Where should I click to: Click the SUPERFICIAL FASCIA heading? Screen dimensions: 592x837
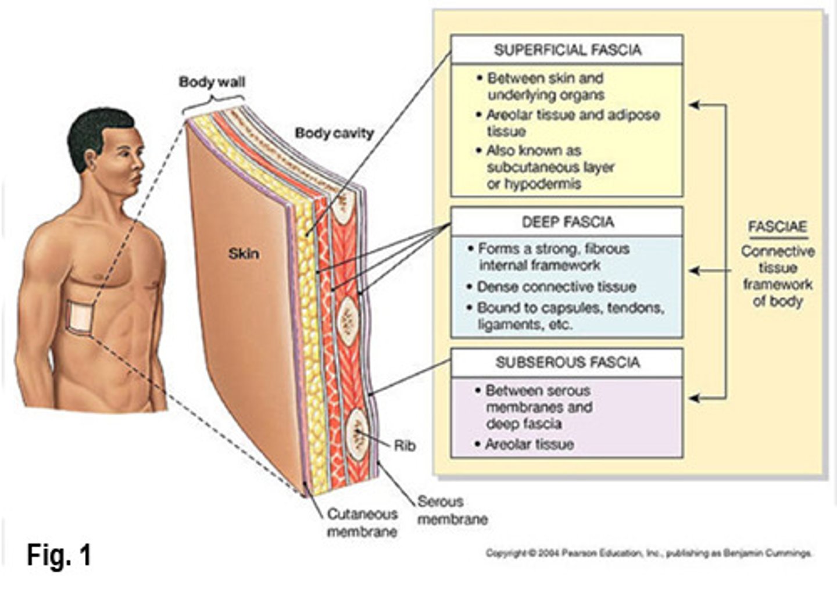tap(567, 50)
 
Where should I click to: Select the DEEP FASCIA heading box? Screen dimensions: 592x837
tap(567, 222)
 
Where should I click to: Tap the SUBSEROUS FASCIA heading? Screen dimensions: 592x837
tap(567, 363)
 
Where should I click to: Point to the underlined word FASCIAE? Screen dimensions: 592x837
tap(777, 227)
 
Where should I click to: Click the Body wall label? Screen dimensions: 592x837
tap(212, 82)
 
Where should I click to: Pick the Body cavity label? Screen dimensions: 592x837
tap(334, 133)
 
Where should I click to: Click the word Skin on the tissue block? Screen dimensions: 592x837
tap(244, 253)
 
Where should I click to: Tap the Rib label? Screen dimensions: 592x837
tap(405, 446)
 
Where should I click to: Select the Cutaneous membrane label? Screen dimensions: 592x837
tap(362, 522)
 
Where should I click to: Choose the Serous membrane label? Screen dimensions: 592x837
tap(452, 510)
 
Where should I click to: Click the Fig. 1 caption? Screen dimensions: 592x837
tap(59, 555)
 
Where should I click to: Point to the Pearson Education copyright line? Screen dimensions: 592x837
tap(648, 553)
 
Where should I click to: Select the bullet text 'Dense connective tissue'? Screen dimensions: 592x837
tap(556, 286)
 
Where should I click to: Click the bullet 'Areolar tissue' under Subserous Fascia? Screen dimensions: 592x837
tap(529, 444)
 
